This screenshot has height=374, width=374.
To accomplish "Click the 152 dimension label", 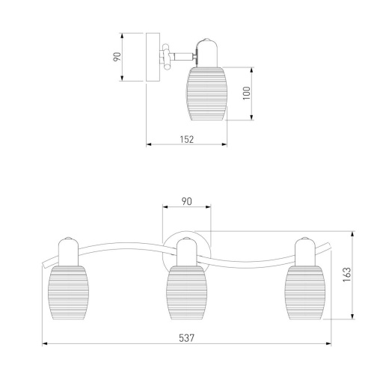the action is (187, 139).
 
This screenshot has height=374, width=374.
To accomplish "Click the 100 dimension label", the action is (246, 93).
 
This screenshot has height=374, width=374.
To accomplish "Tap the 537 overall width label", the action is (186, 338).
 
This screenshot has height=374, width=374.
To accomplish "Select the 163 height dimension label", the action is (347, 275).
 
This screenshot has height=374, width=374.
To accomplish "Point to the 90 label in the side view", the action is (117, 57).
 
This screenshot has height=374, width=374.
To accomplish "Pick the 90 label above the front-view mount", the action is (186, 201).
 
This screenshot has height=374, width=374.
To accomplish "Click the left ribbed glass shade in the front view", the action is (68, 292).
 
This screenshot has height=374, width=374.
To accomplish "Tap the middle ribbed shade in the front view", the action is (186, 292).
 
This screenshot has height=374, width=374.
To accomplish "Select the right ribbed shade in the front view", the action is (305, 292).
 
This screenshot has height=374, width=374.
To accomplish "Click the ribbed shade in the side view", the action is (207, 93).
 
